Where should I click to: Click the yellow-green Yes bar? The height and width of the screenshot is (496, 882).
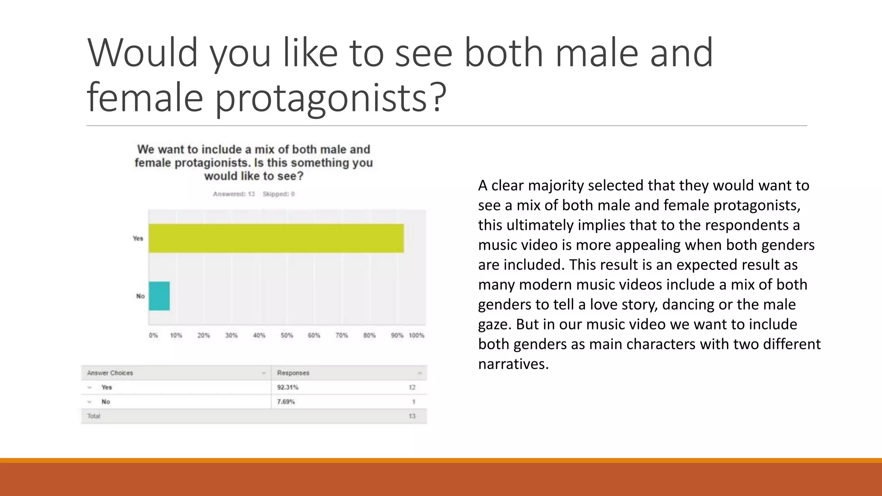pyautogui.click(x=276, y=238)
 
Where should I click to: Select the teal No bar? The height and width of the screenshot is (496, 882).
pyautogui.click(x=159, y=296)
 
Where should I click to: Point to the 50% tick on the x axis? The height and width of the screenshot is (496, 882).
pyautogui.click(x=287, y=335)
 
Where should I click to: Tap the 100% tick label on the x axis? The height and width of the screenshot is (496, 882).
pyautogui.click(x=416, y=335)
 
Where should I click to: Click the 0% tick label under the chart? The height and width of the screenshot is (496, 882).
pyautogui.click(x=153, y=335)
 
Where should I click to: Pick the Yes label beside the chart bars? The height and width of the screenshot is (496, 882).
pyautogui.click(x=138, y=238)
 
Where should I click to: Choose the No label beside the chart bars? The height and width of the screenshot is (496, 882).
pyautogui.click(x=140, y=296)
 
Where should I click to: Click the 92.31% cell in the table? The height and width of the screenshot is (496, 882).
pyautogui.click(x=288, y=387)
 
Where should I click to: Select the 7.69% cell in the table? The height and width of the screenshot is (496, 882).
pyautogui.click(x=286, y=402)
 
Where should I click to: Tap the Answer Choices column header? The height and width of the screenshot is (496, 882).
pyautogui.click(x=110, y=373)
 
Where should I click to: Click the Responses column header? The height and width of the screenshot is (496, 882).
pyautogui.click(x=293, y=373)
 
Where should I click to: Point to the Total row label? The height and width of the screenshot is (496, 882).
pyautogui.click(x=93, y=416)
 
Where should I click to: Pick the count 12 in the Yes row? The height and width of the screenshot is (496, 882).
pyautogui.click(x=412, y=387)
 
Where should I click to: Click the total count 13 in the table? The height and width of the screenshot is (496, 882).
pyautogui.click(x=412, y=416)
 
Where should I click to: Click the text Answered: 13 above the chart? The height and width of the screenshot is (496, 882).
pyautogui.click(x=234, y=194)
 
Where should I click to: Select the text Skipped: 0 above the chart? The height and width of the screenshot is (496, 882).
pyautogui.click(x=279, y=194)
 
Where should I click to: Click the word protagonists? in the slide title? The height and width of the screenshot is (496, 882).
pyautogui.click(x=330, y=98)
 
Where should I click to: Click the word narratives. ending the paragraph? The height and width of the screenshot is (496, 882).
pyautogui.click(x=513, y=364)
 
